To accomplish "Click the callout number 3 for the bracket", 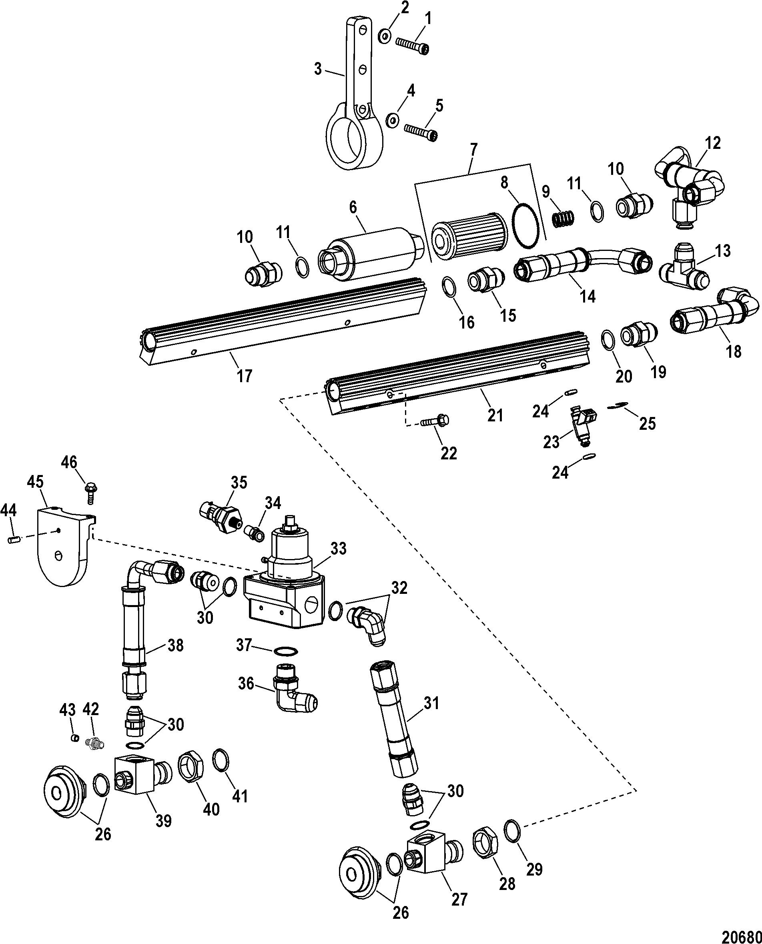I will pos(318,69).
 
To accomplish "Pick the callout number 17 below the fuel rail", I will pos(245,376).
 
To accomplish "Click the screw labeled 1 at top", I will pos(412,46).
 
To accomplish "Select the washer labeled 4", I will pos(392,119).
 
